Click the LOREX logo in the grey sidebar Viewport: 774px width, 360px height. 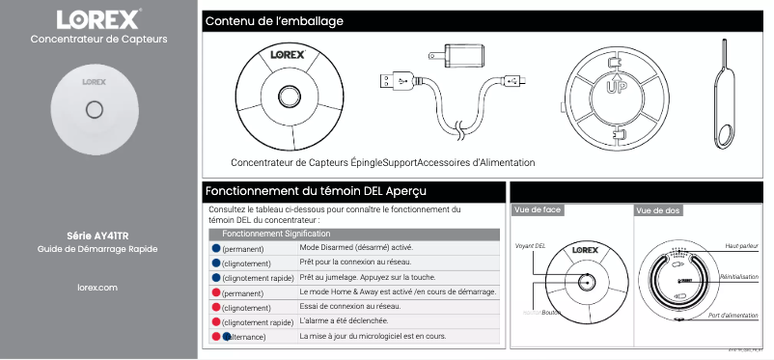[98, 19]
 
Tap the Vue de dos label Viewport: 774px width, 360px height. [659, 210]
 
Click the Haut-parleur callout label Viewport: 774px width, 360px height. [740, 246]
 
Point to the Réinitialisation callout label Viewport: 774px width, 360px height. [738, 277]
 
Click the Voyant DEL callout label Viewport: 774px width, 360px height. [531, 246]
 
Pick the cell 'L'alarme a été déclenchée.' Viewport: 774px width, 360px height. [344, 320]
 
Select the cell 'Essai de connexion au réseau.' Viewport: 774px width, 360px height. [349, 306]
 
